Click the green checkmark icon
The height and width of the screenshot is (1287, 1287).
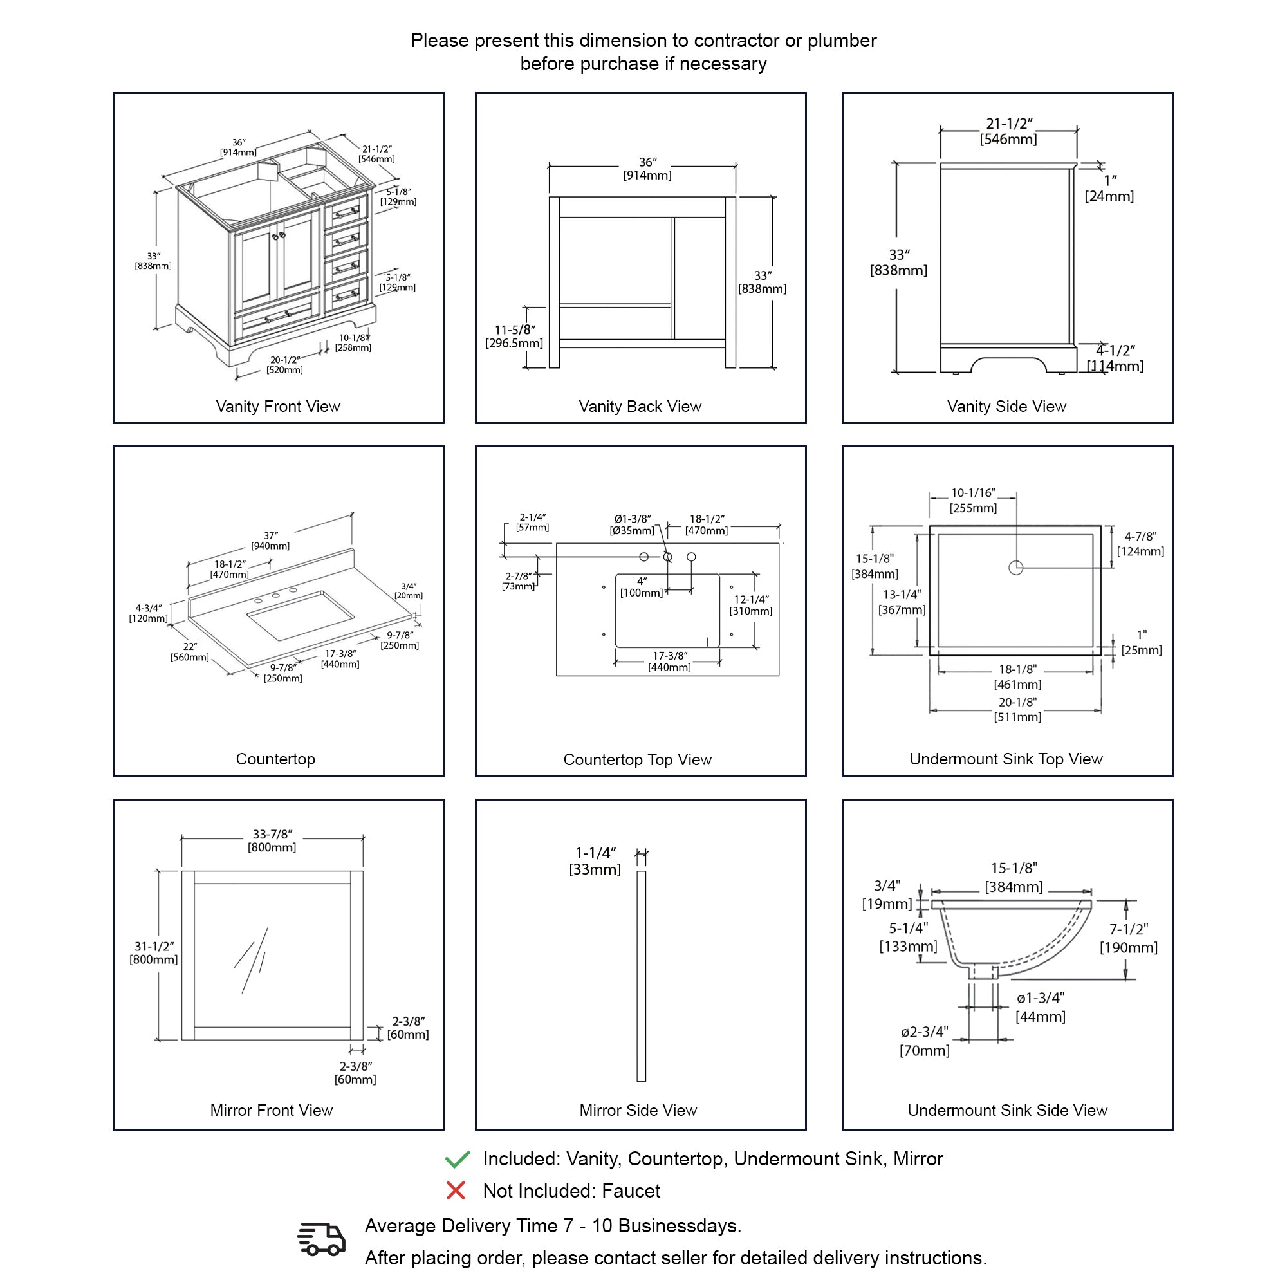[457, 1159]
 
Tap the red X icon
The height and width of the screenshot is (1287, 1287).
[456, 1190]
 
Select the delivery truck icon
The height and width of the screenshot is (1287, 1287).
[321, 1239]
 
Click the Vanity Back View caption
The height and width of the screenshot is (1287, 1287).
[640, 406]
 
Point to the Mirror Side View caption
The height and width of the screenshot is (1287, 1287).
[638, 1111]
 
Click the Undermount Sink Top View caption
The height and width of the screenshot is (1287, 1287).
[1006, 759]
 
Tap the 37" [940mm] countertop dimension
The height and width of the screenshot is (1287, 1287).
[270, 541]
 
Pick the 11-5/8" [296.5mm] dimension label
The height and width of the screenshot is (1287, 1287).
[514, 337]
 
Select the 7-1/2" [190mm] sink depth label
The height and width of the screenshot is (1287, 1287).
[1129, 938]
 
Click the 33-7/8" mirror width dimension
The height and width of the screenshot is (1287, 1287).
[272, 840]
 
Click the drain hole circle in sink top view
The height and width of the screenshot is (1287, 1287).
[1016, 568]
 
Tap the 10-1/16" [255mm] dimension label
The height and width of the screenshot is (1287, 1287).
[973, 500]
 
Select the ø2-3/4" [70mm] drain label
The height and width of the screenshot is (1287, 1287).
[925, 1041]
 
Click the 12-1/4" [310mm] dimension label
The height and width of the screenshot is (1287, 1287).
[751, 605]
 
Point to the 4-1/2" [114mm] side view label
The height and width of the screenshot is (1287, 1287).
[1115, 358]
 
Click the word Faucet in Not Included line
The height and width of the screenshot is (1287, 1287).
[631, 1190]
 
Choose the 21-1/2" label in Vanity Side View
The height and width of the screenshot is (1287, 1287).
[1008, 131]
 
